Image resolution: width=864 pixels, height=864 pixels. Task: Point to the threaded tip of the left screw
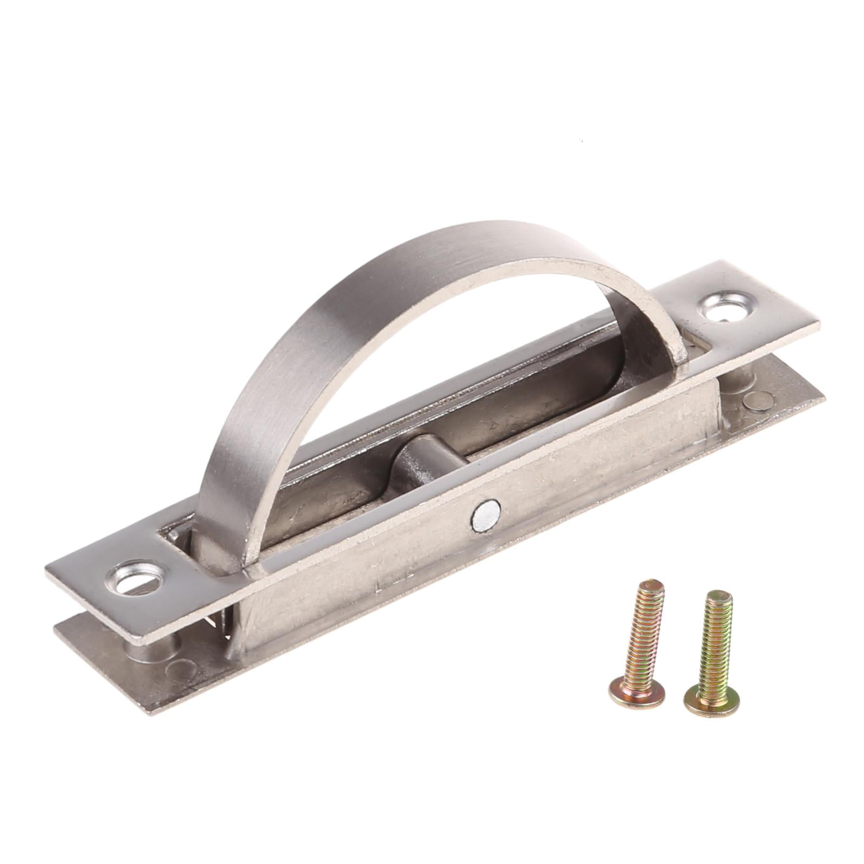(653, 586)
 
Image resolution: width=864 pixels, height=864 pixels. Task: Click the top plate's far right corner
(818, 324)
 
